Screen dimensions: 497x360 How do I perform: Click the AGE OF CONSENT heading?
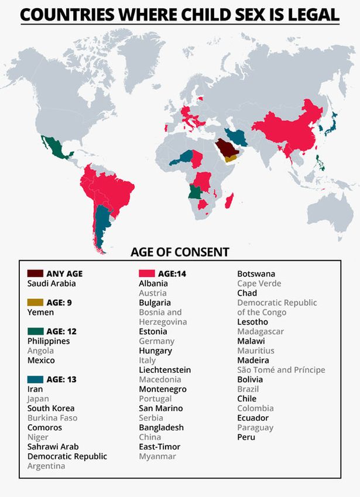[180, 252]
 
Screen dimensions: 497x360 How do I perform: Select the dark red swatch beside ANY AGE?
[35, 273]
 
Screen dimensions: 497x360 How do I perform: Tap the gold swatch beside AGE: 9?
[35, 303]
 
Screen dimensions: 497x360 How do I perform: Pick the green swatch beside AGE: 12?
[35, 331]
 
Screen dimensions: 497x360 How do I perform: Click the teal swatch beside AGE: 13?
[35, 379]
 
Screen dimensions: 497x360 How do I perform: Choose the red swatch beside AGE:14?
[146, 273]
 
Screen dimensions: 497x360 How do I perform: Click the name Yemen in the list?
[40, 313]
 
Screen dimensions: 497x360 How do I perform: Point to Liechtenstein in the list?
[164, 370]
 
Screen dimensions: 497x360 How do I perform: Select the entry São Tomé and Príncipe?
[280, 370]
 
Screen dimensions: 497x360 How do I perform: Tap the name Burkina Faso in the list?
[52, 418]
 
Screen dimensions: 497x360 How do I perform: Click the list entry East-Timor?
[159, 447]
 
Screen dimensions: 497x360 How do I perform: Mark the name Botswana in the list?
[256, 274]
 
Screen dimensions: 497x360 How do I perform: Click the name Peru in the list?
[246, 437]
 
